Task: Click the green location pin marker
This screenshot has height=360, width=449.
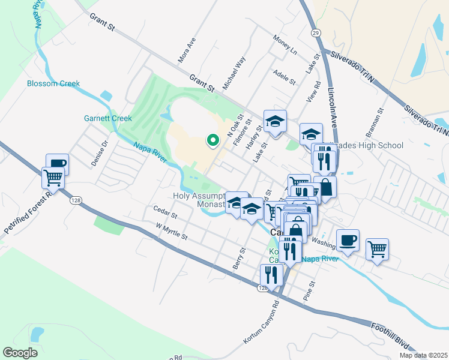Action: click(x=212, y=140)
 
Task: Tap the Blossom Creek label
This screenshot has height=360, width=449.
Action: click(x=53, y=83)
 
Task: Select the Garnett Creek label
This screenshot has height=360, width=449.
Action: click(x=107, y=118)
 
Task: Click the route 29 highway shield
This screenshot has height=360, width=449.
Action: click(x=315, y=32)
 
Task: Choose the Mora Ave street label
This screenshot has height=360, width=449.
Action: click(x=187, y=50)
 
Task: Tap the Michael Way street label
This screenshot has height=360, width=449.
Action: click(x=234, y=74)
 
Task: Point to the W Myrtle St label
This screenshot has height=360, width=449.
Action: click(x=172, y=232)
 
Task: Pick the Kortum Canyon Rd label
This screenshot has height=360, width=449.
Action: click(x=262, y=327)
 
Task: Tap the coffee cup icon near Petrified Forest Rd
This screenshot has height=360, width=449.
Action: click(x=57, y=164)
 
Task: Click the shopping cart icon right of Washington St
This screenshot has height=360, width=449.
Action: click(x=377, y=248)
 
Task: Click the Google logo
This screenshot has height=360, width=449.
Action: click(x=20, y=352)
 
